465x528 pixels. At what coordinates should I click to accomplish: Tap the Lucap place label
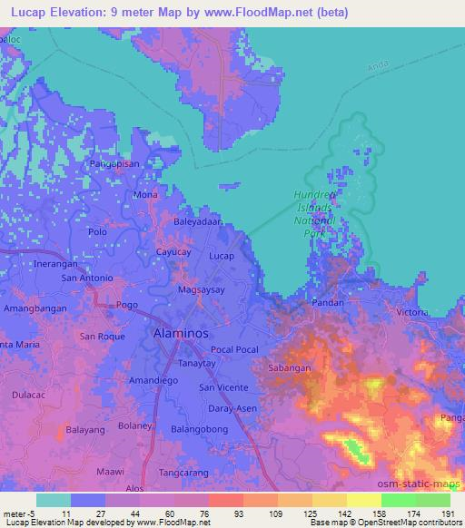[x=222, y=257]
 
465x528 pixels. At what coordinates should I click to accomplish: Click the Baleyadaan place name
[x=198, y=220]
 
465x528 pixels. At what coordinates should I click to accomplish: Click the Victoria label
[x=412, y=312]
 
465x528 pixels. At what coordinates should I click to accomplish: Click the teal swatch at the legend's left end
[x=53, y=500]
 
